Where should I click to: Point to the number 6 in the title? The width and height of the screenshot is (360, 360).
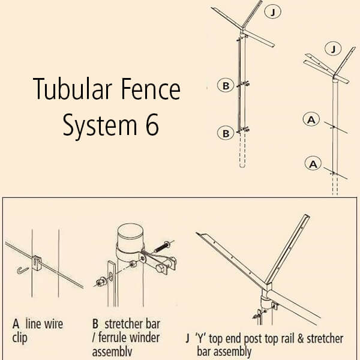(x=153, y=125)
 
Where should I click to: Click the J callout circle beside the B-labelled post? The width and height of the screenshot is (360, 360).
(x=272, y=12)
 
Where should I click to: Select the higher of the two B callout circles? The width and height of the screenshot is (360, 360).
(x=225, y=86)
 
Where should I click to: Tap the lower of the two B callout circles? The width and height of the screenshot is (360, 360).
(x=225, y=133)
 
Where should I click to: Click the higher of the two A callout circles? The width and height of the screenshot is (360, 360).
(x=310, y=120)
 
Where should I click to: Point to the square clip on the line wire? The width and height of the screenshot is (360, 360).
(x=37, y=261)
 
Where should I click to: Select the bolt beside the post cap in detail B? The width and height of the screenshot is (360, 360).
(x=164, y=246)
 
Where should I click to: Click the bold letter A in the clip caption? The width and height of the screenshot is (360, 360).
(x=16, y=324)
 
